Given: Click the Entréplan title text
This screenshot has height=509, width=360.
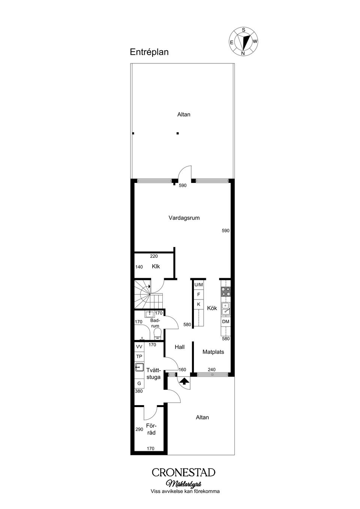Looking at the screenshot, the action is [x=149, y=52].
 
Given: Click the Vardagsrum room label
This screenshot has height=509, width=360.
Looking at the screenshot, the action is [x=184, y=218].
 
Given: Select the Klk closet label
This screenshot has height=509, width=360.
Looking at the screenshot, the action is [x=156, y=266].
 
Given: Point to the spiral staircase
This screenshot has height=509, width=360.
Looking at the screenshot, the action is [x=148, y=294].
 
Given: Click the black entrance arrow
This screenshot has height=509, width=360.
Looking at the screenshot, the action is [x=184, y=381].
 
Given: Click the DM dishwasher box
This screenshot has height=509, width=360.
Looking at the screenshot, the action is [x=226, y=322].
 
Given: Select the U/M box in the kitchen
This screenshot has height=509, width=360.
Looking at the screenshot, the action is [x=198, y=285].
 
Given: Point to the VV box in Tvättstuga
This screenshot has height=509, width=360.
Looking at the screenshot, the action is [x=139, y=347].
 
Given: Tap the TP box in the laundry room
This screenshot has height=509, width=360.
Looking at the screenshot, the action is [x=139, y=356].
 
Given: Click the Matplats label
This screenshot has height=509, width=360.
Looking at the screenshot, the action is [x=213, y=352].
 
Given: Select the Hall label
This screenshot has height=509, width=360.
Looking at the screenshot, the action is [x=180, y=347].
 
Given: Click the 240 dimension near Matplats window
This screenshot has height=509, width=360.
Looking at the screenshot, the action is [x=211, y=370].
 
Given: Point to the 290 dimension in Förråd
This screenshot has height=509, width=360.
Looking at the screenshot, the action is [x=139, y=430].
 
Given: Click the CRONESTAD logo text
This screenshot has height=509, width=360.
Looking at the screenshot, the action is [x=183, y=472].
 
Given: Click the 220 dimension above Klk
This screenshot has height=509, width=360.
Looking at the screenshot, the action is [x=154, y=256].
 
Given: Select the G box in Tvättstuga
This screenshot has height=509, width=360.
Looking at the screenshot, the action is [x=139, y=383].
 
